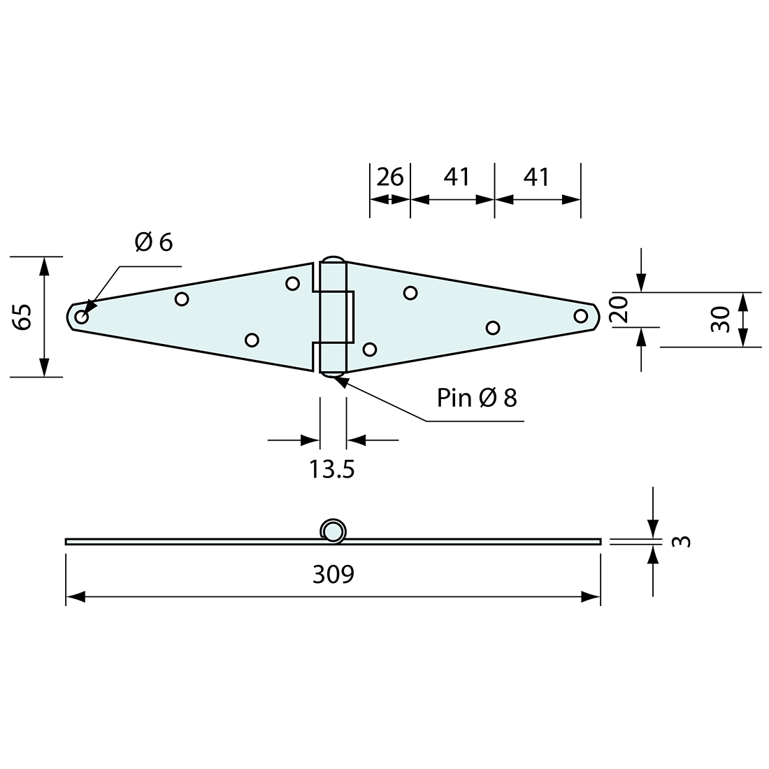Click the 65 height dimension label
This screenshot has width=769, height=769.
coord(22,317)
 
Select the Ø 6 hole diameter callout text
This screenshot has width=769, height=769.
coord(153,242)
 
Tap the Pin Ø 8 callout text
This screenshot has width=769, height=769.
coord(477,398)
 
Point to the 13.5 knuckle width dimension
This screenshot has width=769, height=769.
coord(332,469)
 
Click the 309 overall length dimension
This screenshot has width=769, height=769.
coord(333,575)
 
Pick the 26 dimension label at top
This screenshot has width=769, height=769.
coord(390,178)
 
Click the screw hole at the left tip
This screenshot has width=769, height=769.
coord(82,317)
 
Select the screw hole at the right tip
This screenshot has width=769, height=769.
coord(580,315)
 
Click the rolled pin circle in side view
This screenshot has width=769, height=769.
coord(333,531)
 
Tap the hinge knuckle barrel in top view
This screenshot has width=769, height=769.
coord(332,317)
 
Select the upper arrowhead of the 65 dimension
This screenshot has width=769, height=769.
coord(45,264)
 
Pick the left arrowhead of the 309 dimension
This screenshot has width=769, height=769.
coord(74,597)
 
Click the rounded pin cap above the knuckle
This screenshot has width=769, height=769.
coord(333,258)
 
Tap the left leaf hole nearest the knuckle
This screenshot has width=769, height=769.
coord(293,283)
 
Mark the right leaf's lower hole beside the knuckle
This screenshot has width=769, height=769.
coord(370,349)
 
